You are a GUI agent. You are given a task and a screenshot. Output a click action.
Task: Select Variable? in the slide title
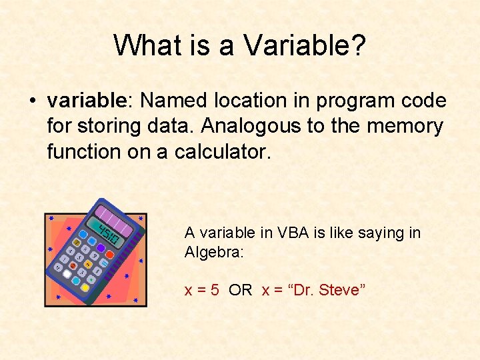(x=305, y=45)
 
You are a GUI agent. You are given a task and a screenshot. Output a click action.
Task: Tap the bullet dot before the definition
(x=31, y=101)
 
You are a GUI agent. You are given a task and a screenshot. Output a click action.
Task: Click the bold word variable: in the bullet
(x=91, y=101)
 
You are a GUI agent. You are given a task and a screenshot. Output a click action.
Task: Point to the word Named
(x=174, y=101)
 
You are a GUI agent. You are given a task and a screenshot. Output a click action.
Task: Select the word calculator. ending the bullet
(x=223, y=151)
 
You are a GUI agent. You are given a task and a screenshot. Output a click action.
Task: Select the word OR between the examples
(x=240, y=290)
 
